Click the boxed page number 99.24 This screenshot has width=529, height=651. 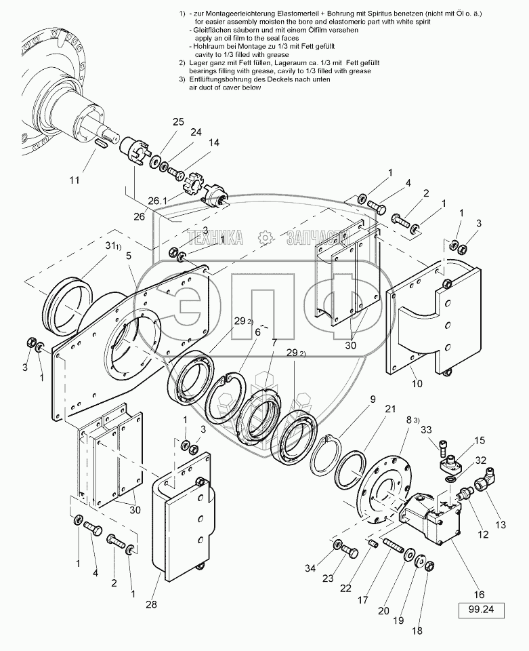point(486,610)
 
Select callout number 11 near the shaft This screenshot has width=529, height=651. point(75,180)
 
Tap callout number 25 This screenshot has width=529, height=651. point(178,121)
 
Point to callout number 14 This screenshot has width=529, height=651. point(214,142)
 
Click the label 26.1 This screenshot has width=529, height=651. point(157,202)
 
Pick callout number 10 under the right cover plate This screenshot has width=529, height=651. point(417,383)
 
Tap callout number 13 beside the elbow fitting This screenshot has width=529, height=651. point(501,524)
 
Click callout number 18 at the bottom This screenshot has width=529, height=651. point(416,630)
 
